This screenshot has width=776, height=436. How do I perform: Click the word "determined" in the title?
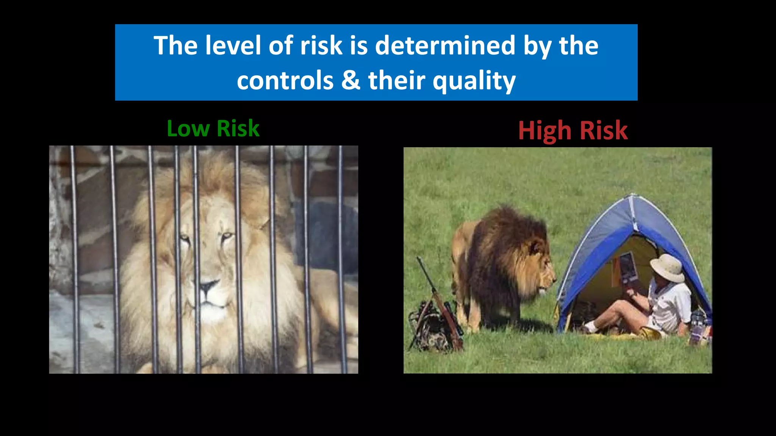tap(445, 46)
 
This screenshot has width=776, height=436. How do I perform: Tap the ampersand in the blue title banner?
tap(350, 81)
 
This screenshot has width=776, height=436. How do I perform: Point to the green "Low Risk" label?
tap(213, 128)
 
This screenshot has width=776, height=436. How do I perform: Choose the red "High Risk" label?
tap(573, 131)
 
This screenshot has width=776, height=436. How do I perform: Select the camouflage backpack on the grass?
tap(430, 327)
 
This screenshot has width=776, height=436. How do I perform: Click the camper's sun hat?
tap(669, 267)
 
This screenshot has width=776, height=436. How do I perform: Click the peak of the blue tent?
tap(632, 197)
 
